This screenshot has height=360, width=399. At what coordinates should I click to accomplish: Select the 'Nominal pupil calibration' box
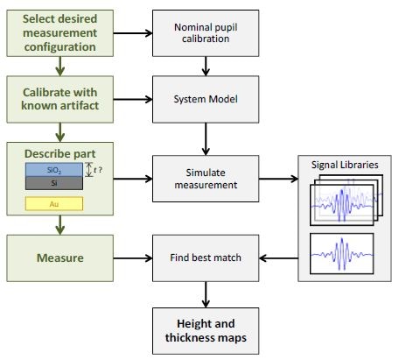206,33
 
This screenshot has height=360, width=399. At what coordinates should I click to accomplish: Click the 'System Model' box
206,98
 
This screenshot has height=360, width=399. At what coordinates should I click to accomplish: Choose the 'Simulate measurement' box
206,178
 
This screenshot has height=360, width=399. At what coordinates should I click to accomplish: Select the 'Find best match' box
206,258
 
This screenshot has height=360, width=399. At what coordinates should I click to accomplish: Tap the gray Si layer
54,182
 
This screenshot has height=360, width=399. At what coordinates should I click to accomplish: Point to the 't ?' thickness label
100,171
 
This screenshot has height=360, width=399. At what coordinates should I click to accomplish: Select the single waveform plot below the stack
340,255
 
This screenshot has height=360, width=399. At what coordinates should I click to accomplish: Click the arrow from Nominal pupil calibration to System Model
206,66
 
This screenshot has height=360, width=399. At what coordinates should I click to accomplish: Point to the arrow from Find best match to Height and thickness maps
206,291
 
